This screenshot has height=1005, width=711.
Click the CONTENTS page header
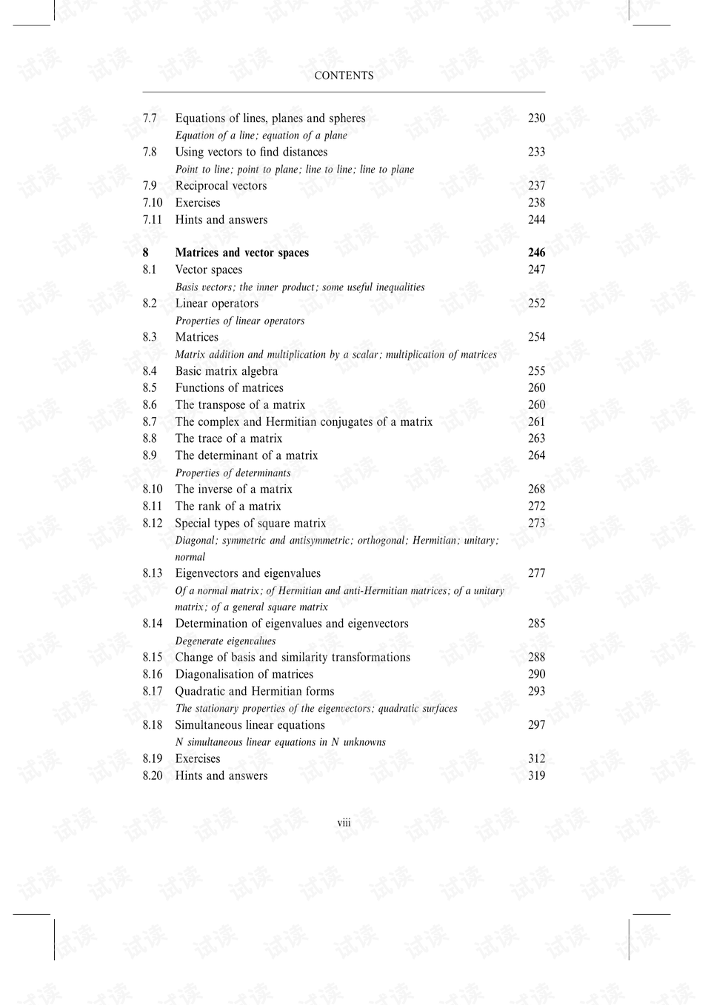[x=344, y=76]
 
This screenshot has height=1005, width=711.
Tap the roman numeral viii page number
[x=344, y=823]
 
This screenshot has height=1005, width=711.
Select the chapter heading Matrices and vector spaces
[x=241, y=253]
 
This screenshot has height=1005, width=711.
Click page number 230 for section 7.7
[x=536, y=118]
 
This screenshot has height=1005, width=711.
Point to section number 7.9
[x=150, y=186]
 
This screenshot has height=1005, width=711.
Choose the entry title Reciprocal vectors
[x=221, y=186]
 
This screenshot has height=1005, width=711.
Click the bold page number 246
[x=536, y=253]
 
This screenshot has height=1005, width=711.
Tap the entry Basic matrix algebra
[x=226, y=371]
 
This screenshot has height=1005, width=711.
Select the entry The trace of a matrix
[x=228, y=438]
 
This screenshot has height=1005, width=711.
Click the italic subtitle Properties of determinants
[x=233, y=473]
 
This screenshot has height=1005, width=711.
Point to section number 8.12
[x=153, y=524]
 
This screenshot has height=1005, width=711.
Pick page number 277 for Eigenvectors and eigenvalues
[x=536, y=573]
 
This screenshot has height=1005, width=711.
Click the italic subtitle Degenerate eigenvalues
[x=225, y=641]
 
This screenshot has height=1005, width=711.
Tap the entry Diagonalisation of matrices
[x=244, y=674]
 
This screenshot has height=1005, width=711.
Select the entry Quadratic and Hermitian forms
[x=254, y=691]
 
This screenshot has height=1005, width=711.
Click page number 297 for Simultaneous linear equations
[x=536, y=725]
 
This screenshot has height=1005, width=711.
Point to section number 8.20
[x=153, y=775]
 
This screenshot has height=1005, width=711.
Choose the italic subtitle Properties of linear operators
[x=239, y=321]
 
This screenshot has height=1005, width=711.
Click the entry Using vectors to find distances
[x=251, y=152]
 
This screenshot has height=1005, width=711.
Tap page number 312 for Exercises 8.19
[x=536, y=758]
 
